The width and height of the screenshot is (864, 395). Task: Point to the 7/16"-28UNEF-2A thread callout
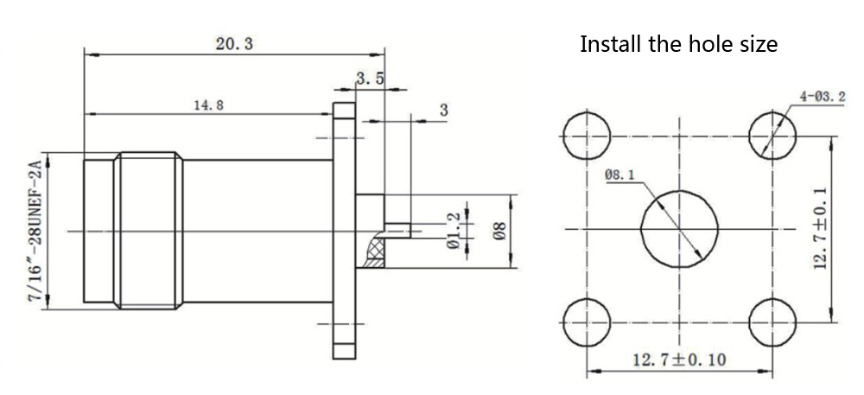coord(35,230)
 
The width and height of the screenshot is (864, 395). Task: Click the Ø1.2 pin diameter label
coord(453,229)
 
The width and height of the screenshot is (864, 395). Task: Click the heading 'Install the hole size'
coord(678,44)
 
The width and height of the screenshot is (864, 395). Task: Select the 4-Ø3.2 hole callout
coord(822,97)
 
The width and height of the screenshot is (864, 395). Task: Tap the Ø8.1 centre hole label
coord(619,175)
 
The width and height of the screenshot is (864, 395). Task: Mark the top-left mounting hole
coord(588,136)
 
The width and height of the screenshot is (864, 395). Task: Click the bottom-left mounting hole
coord(588,321)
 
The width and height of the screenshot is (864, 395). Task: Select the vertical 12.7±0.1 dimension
coord(822,228)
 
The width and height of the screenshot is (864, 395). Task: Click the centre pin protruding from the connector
coord(398,231)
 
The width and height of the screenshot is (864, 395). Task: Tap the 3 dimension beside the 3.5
coord(444,110)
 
